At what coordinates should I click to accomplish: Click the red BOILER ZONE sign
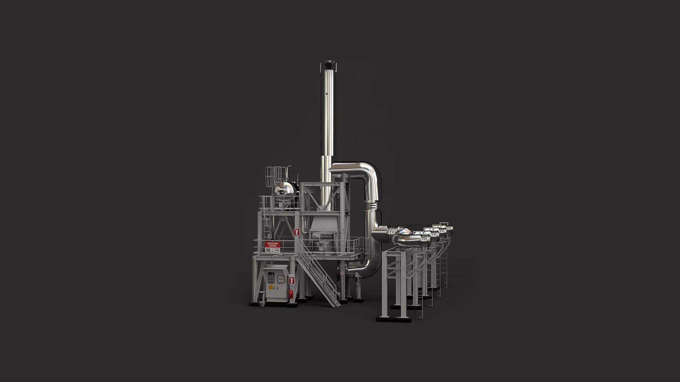tap(272, 244)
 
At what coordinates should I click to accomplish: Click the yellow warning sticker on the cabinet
tap(271, 287)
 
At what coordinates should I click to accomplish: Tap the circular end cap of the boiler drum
tap(282, 192)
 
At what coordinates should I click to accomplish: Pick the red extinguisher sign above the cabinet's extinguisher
tap(291, 280)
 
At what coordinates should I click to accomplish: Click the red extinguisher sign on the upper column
tap(297, 232)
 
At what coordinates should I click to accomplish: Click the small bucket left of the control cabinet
tap(261, 303)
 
